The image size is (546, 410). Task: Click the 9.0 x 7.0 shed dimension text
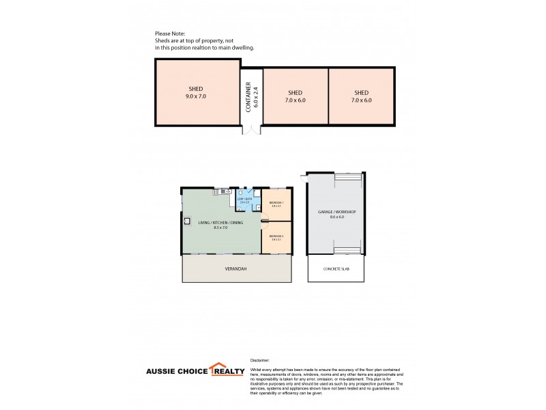(x=195, y=98)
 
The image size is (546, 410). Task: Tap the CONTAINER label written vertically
(x=248, y=96)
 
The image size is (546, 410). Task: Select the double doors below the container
(x=252, y=131)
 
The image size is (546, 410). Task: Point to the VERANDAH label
(x=235, y=269)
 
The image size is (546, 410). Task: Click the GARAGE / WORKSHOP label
(x=337, y=213)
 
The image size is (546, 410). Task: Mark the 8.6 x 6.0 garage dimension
(x=337, y=218)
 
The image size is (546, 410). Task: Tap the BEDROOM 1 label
(x=276, y=203)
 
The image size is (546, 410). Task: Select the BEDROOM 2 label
(x=276, y=236)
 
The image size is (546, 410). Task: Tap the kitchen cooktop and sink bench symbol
(x=223, y=191)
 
